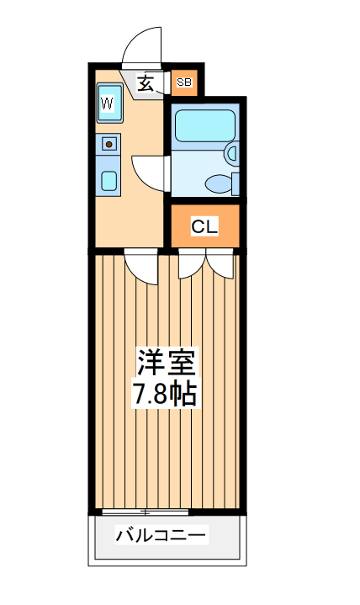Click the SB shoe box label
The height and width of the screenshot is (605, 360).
[x=183, y=82]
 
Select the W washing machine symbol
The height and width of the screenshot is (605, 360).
[x=109, y=104]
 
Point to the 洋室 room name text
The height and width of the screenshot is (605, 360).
[x=167, y=364]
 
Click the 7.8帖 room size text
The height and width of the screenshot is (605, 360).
[x=166, y=394]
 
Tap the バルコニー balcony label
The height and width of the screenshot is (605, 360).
[x=161, y=535]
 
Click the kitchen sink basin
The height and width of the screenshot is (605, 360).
[x=109, y=179]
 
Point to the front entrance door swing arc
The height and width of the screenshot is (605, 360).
[x=140, y=46]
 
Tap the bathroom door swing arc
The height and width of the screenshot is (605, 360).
[x=151, y=172]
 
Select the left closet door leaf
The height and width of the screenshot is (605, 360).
[x=191, y=265]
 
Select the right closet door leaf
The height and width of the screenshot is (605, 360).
[x=221, y=265]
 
